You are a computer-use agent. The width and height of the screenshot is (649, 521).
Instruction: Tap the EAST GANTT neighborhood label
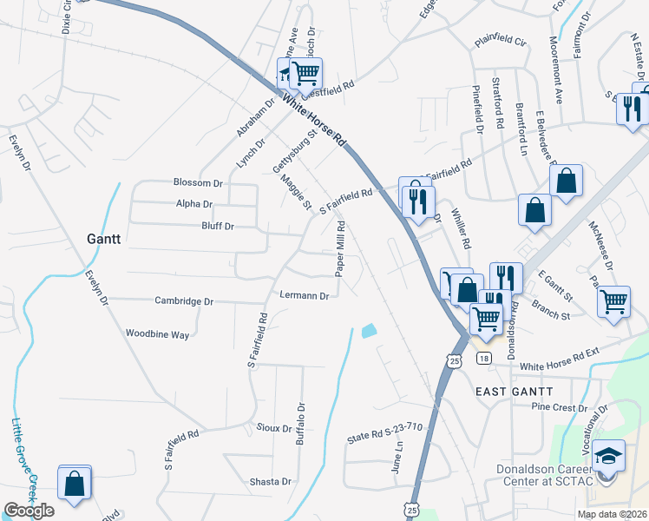coord(515,392)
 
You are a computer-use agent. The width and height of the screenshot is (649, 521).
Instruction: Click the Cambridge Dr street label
coord(184,301)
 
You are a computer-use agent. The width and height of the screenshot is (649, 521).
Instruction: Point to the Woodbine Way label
coord(157,333)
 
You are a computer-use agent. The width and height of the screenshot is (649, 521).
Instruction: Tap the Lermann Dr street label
coord(304,295)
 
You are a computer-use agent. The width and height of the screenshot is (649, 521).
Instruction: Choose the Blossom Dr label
coord(198,183)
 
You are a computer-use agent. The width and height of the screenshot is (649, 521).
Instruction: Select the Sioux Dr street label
coord(274,428)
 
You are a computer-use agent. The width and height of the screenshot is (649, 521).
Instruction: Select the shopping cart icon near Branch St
coord(613,301)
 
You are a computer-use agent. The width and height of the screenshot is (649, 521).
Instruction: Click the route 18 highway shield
coord(483,358)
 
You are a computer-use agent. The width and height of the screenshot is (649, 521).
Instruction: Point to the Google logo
coord(29,511)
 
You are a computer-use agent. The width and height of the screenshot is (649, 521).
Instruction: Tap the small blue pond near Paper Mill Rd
coord(369,331)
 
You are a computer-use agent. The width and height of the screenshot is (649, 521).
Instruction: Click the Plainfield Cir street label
coord(500,42)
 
